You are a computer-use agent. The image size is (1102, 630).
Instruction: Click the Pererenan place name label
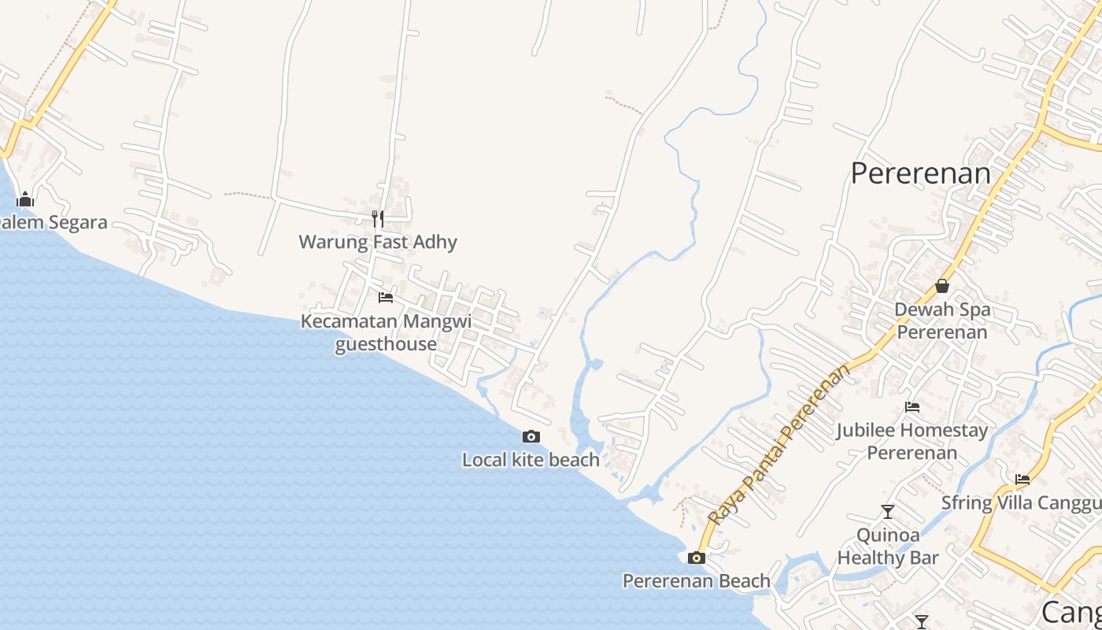tap(920, 173)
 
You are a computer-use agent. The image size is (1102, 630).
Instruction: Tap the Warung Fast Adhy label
tap(378, 242)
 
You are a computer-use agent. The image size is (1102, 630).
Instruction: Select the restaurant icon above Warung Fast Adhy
tap(378, 218)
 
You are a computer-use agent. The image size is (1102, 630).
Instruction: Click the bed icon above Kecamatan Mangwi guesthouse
tap(386, 298)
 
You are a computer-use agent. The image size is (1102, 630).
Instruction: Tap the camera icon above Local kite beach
tap(531, 436)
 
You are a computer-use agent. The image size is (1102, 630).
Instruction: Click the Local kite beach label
tap(531, 460)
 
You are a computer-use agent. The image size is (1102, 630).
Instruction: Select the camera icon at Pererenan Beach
tap(696, 558)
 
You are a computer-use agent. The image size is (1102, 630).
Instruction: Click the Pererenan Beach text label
tap(696, 581)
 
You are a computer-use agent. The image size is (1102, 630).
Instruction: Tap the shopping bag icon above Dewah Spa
tap(942, 286)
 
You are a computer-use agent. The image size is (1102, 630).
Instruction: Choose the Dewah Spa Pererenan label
tap(942, 321)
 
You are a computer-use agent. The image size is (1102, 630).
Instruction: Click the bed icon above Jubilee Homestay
tap(912, 407)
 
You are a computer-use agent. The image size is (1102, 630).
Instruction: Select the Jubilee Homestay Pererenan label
tap(912, 442)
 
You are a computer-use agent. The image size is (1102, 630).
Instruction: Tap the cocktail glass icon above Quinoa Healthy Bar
tap(888, 512)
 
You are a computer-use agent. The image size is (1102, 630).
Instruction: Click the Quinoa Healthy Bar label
tap(888, 547)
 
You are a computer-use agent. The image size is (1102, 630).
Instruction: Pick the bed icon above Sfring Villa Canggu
tap(1022, 479)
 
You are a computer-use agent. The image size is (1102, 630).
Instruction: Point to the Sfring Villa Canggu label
tap(1022, 502)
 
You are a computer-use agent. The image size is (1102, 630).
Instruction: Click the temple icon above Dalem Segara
tap(25, 199)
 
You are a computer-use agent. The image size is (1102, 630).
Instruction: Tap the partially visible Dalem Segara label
tap(52, 223)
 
